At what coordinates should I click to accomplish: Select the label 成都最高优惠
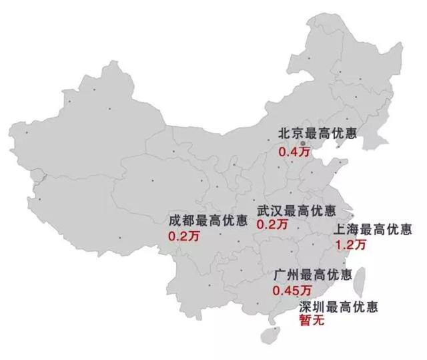(207, 220)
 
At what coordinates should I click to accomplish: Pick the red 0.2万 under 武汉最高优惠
(272, 225)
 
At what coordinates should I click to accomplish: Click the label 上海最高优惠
(373, 230)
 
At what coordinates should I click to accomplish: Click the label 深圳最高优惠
(339, 308)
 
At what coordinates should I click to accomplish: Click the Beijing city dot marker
(302, 143)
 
